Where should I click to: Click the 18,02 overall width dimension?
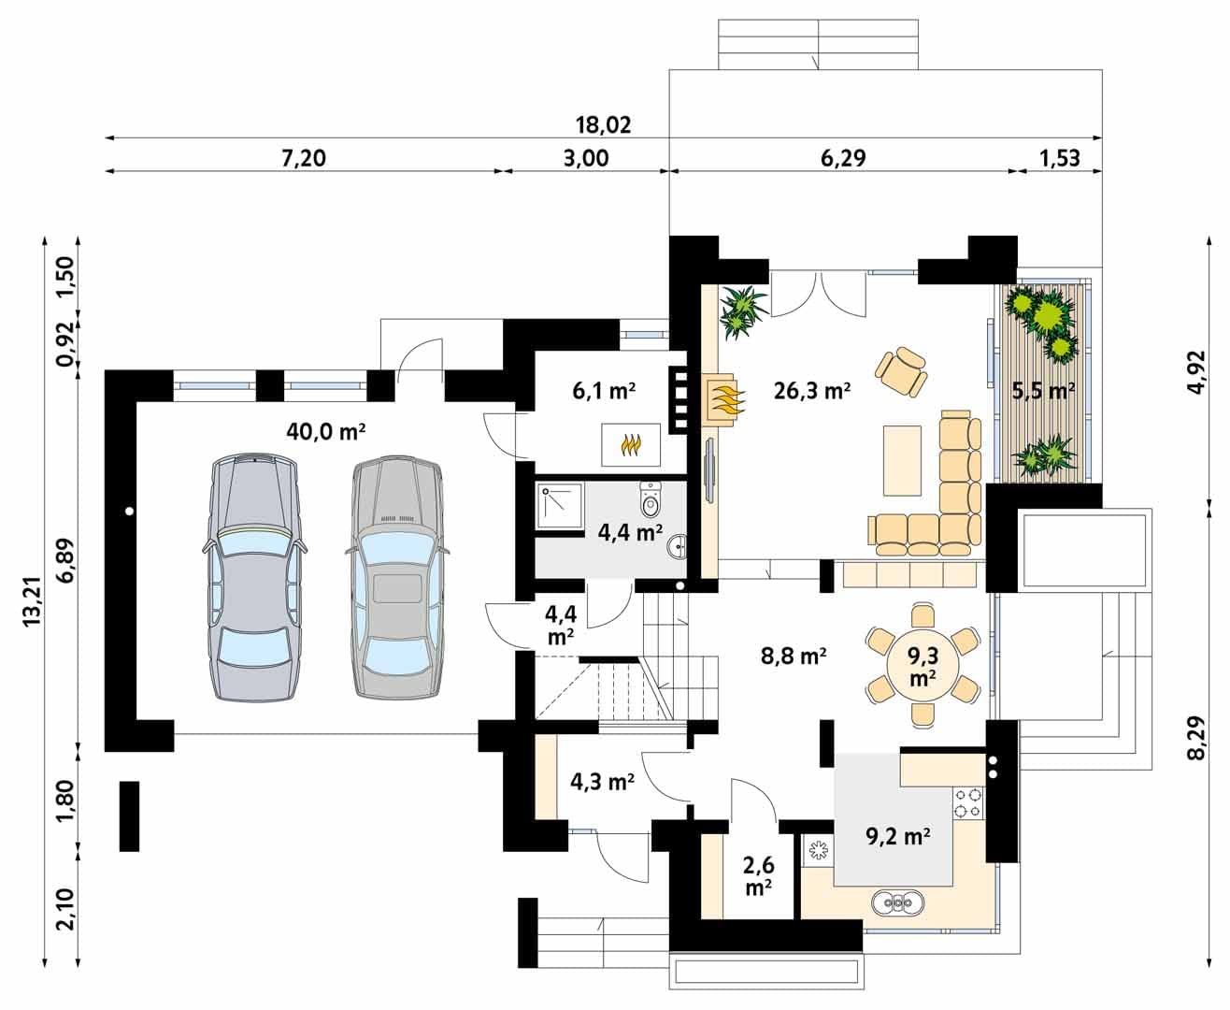603,125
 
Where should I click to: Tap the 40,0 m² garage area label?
326,431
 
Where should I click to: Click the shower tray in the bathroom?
559,505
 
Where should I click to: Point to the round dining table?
922,666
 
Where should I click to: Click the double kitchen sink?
897,903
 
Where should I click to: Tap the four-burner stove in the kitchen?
967,802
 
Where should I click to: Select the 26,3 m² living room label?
811,390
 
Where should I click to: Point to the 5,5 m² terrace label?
1043,390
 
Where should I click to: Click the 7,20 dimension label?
303,158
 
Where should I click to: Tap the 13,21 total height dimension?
32,601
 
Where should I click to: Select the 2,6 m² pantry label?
758,875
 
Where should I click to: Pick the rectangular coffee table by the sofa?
902,461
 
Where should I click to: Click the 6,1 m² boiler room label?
603,390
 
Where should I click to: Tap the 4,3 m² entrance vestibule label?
602,781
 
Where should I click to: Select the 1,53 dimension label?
1059,158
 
